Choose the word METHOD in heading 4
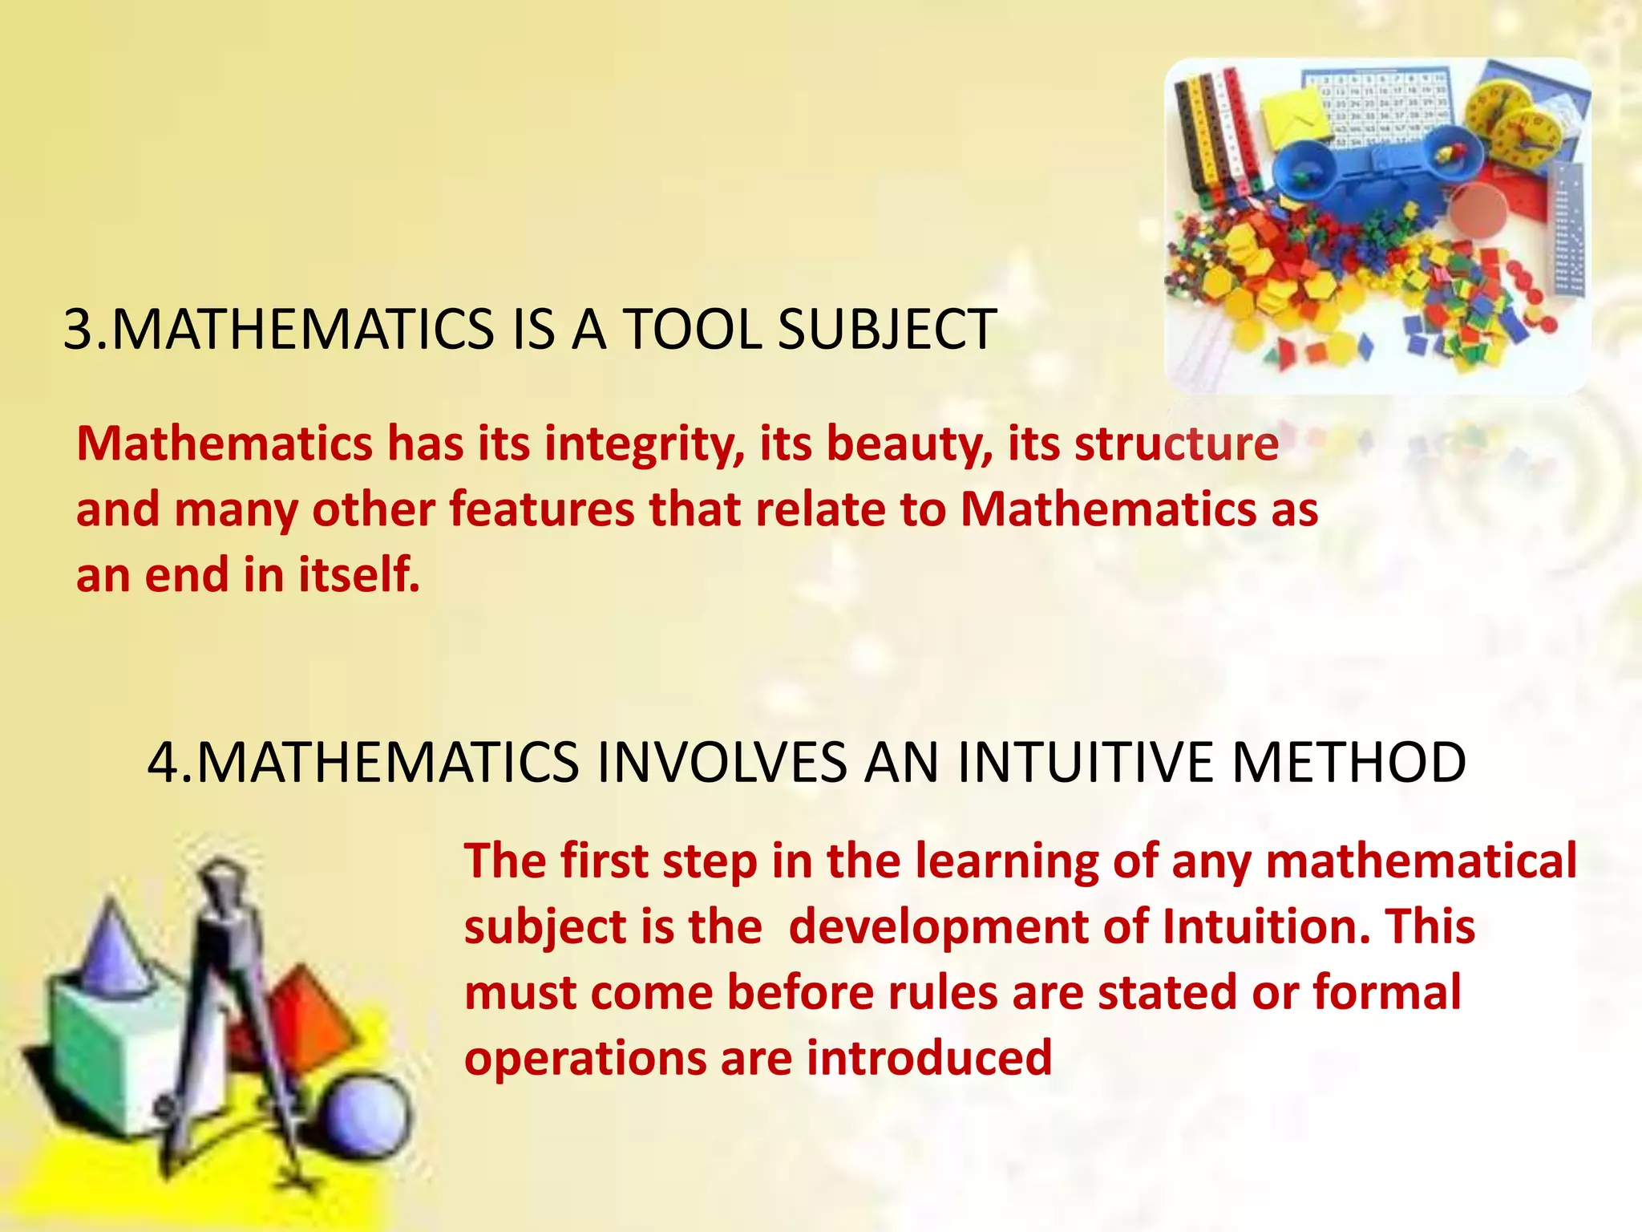1349,762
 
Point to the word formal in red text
1386,992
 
